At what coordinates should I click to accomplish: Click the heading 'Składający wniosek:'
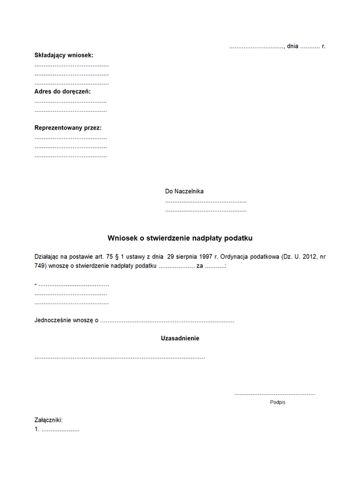pos(64,55)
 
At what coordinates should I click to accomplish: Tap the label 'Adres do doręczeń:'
pos(62,91)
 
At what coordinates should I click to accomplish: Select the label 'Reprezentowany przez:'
pos(68,128)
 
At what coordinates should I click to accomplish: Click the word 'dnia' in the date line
pos(292,46)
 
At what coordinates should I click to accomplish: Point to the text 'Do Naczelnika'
pos(184,191)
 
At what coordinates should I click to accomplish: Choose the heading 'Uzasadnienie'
pos(180,338)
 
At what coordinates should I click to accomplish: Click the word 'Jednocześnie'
pos(53,320)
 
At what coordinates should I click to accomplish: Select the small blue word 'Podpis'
pos(278,402)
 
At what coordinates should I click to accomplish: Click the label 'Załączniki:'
pos(49,421)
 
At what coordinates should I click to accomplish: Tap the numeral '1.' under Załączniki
pos(37,430)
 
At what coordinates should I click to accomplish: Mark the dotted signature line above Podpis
pos(274,394)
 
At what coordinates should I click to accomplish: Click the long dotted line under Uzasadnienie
pos(119,357)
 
